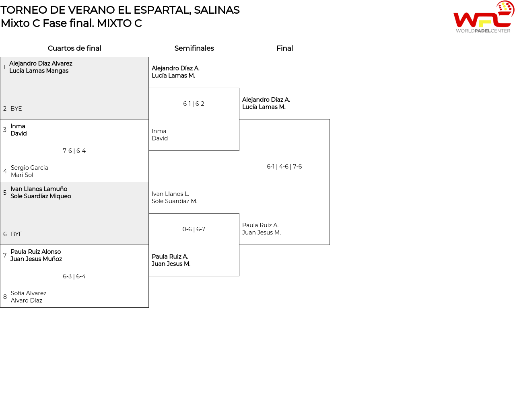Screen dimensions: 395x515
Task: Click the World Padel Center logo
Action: (x=483, y=17)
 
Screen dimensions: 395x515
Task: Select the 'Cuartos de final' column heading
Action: (x=74, y=48)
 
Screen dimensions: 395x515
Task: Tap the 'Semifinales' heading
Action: (x=194, y=48)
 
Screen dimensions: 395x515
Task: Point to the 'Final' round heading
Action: (x=284, y=48)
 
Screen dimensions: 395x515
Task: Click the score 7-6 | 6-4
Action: (x=74, y=151)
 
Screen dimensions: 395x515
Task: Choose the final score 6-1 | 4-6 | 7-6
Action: (x=284, y=167)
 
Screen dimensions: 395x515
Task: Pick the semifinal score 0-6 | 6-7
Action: (x=194, y=229)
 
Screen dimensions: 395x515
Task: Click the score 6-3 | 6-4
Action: (x=74, y=276)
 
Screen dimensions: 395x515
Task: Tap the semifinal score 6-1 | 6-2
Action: (x=194, y=104)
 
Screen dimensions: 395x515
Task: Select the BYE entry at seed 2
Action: (x=16, y=109)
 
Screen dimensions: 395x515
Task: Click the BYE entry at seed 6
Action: (x=16, y=234)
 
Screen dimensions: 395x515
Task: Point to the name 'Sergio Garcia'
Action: (x=29, y=168)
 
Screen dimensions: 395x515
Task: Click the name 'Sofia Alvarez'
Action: (x=29, y=293)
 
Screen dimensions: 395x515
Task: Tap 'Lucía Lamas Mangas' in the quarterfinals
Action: (x=39, y=71)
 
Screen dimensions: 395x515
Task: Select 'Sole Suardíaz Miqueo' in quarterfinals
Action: (x=41, y=196)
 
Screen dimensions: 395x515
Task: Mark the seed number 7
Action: (x=5, y=255)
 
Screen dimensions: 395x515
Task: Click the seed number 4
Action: (x=5, y=171)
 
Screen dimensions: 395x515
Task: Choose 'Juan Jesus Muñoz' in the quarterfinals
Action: (x=36, y=259)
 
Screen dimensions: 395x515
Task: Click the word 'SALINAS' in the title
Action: (x=216, y=10)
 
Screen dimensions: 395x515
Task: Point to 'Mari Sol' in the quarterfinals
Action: (x=22, y=175)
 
